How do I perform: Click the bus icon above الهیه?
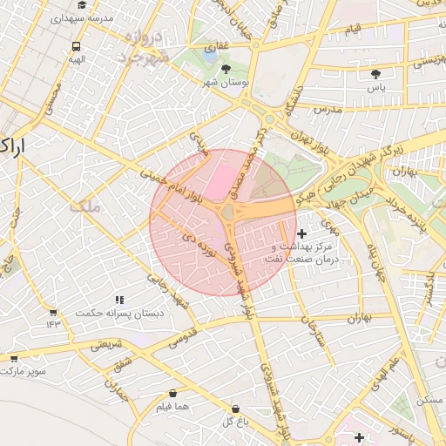pos(77,46)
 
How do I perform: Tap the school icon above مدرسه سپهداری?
pos(81,4)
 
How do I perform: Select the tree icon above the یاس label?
pos(375,74)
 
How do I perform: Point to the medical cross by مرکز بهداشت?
pos(301,233)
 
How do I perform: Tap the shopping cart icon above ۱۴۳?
pos(53,312)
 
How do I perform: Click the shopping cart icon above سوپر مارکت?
pos(14,357)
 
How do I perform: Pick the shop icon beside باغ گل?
pos(235,409)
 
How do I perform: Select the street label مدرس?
pos(326,110)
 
